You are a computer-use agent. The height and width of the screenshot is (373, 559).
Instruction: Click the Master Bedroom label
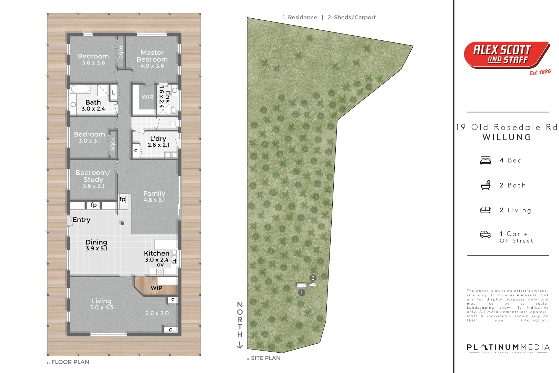click(x=152, y=56)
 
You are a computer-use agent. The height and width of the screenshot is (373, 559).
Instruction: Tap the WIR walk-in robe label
click(x=147, y=97)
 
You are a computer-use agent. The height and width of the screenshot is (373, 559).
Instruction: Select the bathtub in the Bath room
click(x=80, y=89)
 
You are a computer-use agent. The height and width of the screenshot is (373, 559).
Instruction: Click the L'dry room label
click(x=158, y=138)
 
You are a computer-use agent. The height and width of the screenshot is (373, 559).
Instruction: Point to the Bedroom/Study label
click(x=93, y=176)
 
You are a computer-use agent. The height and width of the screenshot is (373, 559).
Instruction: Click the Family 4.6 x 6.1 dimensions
click(x=155, y=200)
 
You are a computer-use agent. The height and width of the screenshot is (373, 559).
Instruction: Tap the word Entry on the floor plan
click(x=81, y=220)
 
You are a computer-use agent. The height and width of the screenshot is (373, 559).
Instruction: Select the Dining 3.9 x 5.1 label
click(x=96, y=245)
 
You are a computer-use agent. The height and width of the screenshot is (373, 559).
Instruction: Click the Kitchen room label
click(x=157, y=253)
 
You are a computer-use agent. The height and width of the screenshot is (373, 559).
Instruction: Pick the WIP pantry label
click(x=156, y=288)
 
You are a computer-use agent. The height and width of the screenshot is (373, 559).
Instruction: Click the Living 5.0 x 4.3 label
click(x=101, y=304)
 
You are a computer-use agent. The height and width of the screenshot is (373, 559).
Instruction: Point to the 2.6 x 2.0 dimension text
click(x=157, y=313)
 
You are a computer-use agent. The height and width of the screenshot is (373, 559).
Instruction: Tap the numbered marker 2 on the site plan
click(x=313, y=278)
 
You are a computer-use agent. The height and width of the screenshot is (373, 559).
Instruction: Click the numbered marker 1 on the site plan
click(x=302, y=293)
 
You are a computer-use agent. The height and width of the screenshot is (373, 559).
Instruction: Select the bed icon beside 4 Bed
click(x=486, y=160)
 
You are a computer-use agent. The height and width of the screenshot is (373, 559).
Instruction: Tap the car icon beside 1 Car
click(x=486, y=234)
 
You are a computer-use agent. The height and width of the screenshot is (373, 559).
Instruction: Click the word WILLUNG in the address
click(x=507, y=137)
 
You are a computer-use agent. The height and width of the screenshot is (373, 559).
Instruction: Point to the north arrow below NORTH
click(x=240, y=345)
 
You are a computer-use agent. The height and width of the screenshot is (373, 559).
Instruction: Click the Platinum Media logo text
click(x=508, y=347)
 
